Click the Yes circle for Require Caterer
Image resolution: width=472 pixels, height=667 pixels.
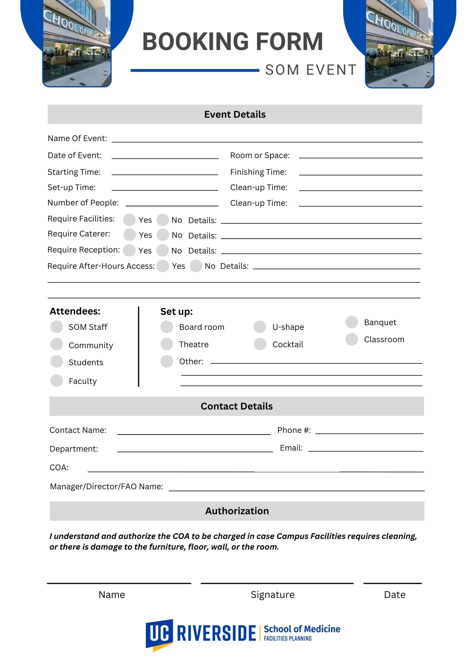(x=129, y=234)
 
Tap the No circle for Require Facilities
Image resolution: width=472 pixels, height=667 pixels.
(x=163, y=220)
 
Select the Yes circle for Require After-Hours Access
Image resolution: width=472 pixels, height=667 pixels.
(x=163, y=266)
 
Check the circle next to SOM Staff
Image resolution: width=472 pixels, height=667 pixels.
(x=57, y=327)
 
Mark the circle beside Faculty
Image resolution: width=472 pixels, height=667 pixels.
(x=57, y=381)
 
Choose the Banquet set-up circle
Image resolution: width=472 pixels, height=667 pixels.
(x=351, y=322)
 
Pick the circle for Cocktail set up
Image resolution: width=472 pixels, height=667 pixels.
(x=260, y=344)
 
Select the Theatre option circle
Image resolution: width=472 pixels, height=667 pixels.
(x=167, y=344)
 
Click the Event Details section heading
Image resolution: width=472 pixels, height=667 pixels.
(x=235, y=114)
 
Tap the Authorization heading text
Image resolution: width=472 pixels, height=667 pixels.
(x=237, y=511)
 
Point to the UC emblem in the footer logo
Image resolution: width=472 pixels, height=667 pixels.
(x=159, y=634)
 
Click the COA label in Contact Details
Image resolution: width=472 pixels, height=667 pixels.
(x=59, y=468)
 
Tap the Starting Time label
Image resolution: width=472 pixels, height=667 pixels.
(x=74, y=172)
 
